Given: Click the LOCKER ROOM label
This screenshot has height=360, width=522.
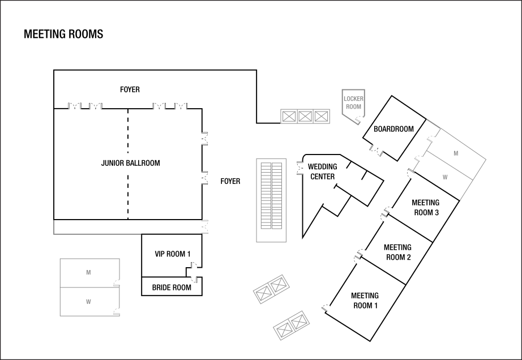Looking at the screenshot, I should (353, 102).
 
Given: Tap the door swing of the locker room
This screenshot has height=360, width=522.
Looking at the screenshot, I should (358, 120).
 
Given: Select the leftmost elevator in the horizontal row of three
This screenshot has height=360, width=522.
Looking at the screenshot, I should (289, 117).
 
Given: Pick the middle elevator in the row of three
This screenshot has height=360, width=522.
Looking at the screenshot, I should (305, 117).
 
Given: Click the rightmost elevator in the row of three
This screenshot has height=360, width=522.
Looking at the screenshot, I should (322, 117).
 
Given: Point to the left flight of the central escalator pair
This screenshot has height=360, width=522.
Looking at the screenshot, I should (266, 196).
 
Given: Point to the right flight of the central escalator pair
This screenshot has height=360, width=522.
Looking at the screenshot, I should (277, 196).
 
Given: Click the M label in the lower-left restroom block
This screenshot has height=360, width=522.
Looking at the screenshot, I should (88, 273).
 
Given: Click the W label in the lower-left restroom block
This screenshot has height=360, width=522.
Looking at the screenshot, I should (88, 302).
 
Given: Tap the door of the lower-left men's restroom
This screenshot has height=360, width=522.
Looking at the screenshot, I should (117, 282).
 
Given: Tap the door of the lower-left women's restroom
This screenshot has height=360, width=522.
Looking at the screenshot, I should (117, 311).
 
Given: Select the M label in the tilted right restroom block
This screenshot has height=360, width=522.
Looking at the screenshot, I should (456, 153).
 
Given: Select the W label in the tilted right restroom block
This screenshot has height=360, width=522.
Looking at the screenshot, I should (445, 177).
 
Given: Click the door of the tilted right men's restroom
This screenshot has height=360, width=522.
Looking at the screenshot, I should (433, 137).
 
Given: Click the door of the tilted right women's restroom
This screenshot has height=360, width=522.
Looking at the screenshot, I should (418, 160).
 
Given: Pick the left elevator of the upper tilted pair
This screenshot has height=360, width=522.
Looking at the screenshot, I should (263, 293).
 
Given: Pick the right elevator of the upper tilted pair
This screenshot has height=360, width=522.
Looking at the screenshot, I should (279, 285).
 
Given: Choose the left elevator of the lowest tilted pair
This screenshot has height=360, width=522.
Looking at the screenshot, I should (284, 329).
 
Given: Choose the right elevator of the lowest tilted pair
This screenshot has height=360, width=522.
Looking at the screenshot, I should (299, 322).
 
